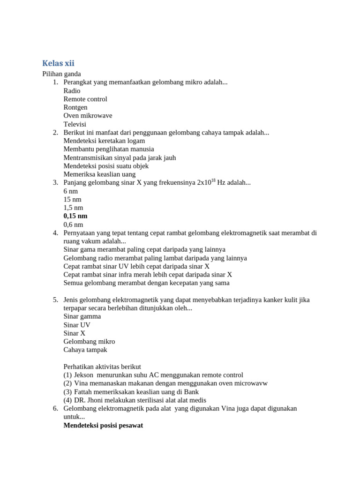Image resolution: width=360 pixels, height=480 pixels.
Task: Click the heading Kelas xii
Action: tap(58, 63)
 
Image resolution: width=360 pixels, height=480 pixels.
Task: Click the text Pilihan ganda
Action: tap(61, 74)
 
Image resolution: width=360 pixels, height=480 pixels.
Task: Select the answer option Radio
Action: tap(72, 91)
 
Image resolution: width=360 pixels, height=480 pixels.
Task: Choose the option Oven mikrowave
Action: tap(88, 116)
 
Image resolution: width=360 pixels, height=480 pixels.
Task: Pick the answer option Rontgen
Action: tap(75, 107)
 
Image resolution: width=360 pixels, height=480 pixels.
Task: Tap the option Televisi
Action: tap(75, 124)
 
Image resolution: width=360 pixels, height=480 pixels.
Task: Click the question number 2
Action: tap(55, 133)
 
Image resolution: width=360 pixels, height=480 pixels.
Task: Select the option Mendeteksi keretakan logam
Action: tap(104, 141)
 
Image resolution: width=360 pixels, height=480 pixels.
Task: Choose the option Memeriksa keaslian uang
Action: tap(99, 174)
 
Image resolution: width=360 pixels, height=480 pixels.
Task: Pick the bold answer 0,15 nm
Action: tap(75, 216)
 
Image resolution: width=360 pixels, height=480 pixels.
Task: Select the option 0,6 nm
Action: tap(73, 225)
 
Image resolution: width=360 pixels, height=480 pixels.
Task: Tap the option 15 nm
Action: tap(72, 199)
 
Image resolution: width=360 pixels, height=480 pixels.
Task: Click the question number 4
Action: tap(55, 233)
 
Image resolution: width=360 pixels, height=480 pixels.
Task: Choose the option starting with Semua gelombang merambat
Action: tap(146, 283)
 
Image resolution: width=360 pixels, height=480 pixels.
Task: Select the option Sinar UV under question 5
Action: tap(77, 325)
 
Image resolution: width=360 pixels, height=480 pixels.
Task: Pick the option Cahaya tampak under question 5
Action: tap(85, 350)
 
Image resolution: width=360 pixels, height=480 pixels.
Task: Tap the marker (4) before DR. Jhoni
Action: tap(67, 400)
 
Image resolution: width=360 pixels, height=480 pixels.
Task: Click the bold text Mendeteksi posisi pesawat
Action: tap(103, 426)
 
